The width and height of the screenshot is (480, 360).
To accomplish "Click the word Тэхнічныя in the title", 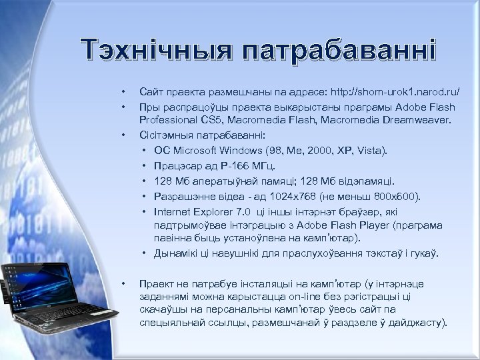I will pos(155,49).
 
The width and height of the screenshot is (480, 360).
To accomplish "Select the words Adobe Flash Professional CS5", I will pos(267,113).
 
